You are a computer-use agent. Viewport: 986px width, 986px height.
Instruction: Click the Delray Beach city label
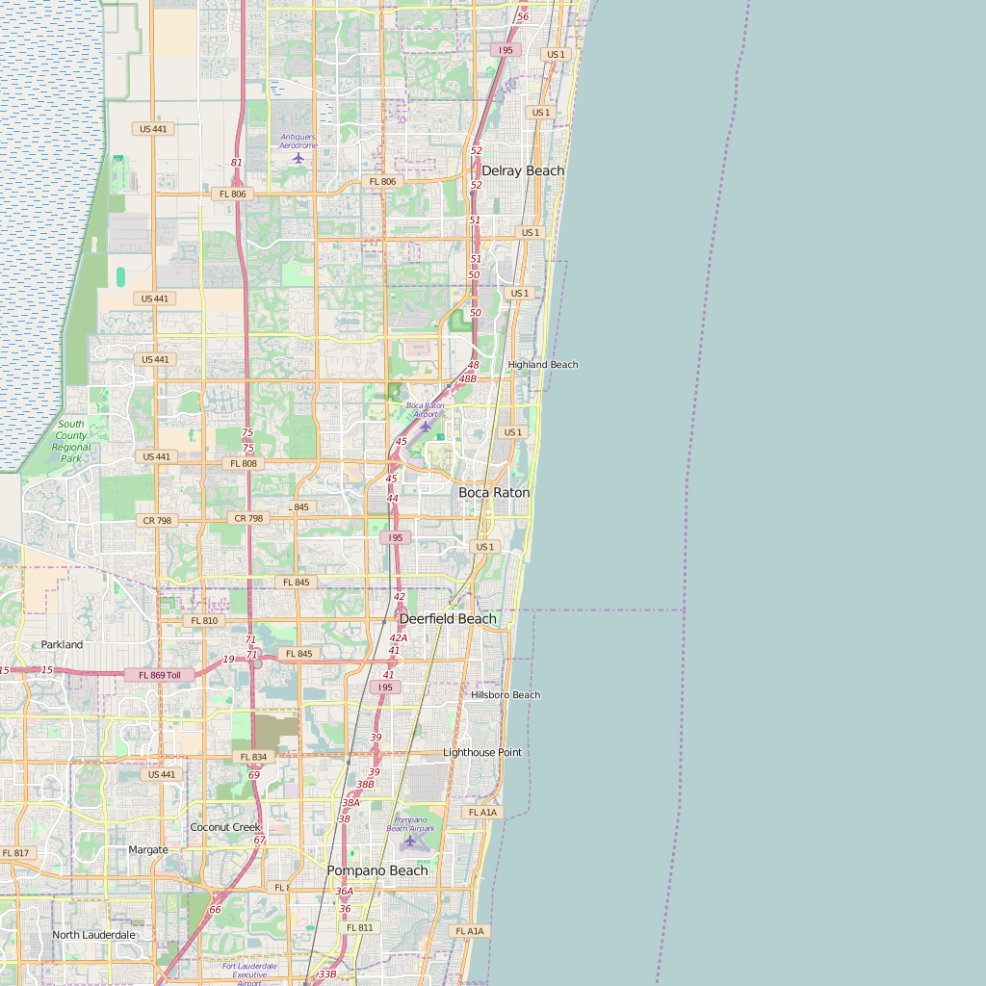[x=523, y=171]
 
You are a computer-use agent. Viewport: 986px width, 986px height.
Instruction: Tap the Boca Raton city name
[x=494, y=493]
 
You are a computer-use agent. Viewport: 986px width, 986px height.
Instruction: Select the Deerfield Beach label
[x=448, y=619]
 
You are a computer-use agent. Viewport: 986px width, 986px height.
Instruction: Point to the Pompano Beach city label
[x=377, y=870]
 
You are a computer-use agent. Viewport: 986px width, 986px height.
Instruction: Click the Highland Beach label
[x=543, y=365]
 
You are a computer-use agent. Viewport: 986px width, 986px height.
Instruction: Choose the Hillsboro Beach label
[x=506, y=695]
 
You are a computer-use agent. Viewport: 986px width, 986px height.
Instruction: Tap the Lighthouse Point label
[x=482, y=753]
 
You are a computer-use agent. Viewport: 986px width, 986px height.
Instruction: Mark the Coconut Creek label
[x=225, y=827]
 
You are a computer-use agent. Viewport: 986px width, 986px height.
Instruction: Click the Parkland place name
[x=62, y=645]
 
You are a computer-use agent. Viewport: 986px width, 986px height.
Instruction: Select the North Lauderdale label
[x=93, y=935]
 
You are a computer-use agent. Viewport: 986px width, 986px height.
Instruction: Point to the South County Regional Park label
[x=71, y=441]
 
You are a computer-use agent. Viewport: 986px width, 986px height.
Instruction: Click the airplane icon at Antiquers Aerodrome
[x=298, y=158]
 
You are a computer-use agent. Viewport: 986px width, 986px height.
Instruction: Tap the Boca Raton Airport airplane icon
[x=425, y=427]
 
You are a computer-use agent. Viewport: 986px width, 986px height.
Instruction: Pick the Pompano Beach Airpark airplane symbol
[x=410, y=841]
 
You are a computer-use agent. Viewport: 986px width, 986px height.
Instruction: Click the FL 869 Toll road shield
[x=160, y=675]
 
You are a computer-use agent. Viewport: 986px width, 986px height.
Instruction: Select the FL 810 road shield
[x=204, y=621]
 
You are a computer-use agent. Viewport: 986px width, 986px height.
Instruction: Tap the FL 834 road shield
[x=253, y=758]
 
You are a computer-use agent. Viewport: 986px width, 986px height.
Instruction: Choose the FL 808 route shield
[x=244, y=463]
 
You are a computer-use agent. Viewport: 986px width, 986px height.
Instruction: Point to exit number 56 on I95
[x=523, y=17]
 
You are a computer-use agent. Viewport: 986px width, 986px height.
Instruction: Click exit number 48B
[x=468, y=379]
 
